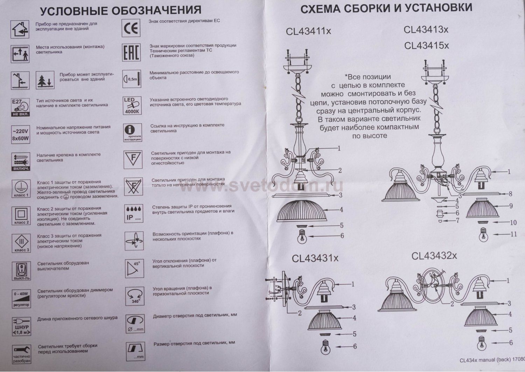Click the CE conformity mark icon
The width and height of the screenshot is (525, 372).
131,28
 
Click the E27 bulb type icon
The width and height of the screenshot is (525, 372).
21,107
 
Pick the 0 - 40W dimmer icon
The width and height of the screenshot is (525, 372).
21,298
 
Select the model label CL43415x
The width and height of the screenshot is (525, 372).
426,46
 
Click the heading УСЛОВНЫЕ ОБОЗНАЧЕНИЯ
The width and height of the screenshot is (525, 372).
120,11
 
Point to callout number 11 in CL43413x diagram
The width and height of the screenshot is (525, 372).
513,234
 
